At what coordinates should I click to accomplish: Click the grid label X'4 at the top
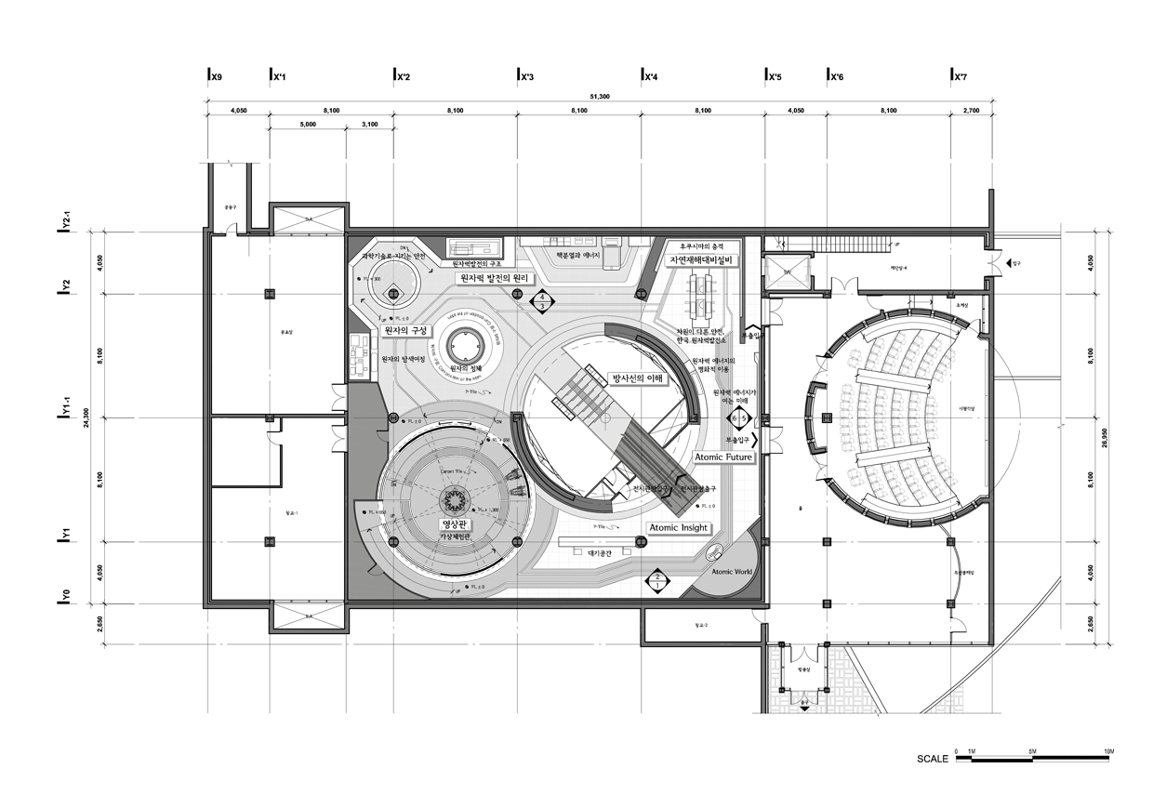click(650, 76)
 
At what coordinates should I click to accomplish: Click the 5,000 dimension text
click(307, 124)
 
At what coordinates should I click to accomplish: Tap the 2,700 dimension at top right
click(971, 111)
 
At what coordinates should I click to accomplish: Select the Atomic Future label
click(722, 457)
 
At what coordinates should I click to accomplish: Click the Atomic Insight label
click(679, 527)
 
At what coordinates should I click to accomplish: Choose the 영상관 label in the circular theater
click(455, 524)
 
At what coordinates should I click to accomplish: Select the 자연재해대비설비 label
click(700, 259)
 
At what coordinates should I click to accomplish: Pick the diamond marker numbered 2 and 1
click(656, 582)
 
